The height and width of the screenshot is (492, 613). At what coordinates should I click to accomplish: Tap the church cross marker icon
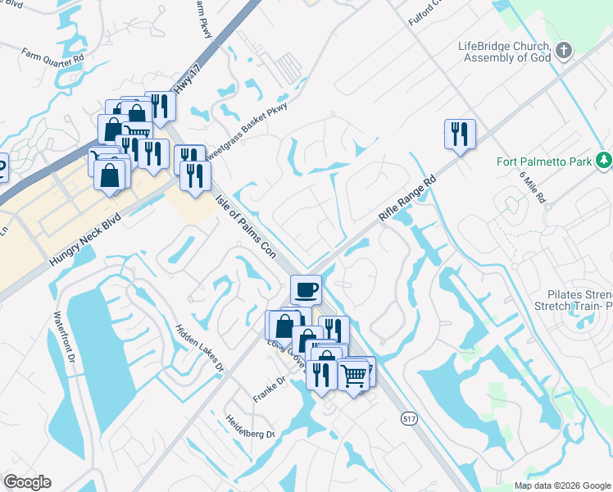click(563, 52)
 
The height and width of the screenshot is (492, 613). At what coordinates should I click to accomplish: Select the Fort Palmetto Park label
click(543, 162)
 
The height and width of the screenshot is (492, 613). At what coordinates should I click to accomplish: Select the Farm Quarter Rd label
click(53, 57)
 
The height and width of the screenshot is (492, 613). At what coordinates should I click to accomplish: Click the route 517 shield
click(409, 418)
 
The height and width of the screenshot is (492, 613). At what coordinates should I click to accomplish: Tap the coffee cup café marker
click(306, 289)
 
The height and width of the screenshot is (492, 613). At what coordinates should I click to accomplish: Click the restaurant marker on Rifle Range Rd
click(460, 134)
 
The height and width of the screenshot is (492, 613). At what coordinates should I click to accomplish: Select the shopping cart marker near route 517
click(353, 376)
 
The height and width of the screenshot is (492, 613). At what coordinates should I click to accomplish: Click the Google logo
click(27, 482)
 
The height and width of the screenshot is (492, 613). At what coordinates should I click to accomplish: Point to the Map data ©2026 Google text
click(561, 486)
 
